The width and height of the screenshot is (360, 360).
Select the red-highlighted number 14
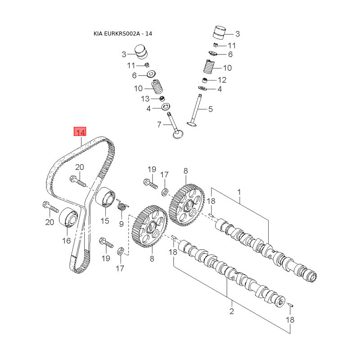tap(81, 132)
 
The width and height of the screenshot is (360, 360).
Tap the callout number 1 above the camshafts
tap(239, 192)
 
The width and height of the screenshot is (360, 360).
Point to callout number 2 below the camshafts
tap(232, 311)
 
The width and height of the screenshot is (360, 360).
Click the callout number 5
tap(210, 109)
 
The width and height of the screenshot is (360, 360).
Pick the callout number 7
tap(159, 124)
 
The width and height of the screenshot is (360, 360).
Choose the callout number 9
tap(121, 224)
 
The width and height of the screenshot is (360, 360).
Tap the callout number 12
tap(222, 80)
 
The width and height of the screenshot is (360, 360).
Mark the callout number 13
tap(145, 99)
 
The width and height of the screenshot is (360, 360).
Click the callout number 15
tap(105, 220)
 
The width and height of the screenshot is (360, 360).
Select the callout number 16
tap(67, 241)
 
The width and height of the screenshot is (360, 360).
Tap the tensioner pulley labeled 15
tap(105, 198)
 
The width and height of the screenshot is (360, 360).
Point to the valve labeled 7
tap(175, 128)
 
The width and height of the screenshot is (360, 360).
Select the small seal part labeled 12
tap(205, 80)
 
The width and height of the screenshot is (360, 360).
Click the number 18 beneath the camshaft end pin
tap(290, 320)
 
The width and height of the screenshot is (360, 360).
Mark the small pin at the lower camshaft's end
tap(291, 306)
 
